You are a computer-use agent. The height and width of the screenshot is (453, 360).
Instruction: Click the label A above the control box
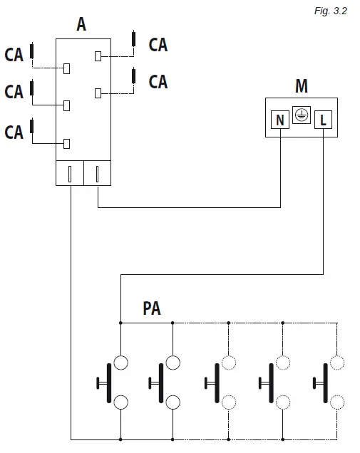[82, 25]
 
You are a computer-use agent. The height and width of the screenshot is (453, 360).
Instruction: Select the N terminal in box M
[280, 120]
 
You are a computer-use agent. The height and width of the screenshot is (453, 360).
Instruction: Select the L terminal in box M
[323, 120]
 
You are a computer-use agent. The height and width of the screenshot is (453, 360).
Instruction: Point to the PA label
[152, 308]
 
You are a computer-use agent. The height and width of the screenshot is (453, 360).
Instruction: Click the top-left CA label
[14, 54]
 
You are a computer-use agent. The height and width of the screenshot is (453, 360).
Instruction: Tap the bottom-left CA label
[14, 132]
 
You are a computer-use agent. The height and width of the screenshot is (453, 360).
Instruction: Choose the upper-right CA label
[158, 45]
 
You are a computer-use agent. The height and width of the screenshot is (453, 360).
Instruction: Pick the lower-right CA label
[158, 81]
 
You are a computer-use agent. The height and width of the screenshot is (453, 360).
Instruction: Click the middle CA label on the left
[14, 91]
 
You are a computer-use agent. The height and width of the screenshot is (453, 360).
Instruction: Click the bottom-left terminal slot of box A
[69, 174]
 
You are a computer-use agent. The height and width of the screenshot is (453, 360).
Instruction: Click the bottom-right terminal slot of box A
[97, 174]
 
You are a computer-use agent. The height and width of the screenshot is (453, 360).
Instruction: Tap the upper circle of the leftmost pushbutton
[120, 363]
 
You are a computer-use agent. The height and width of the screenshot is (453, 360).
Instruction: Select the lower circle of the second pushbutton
[173, 402]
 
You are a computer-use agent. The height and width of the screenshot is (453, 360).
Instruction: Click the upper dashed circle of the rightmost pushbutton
[336, 363]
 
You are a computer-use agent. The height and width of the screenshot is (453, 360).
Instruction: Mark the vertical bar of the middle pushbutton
[215, 382]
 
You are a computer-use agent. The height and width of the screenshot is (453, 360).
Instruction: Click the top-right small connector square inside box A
[100, 55]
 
